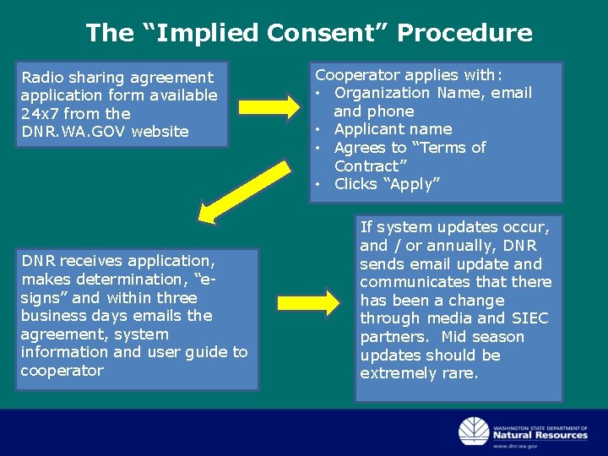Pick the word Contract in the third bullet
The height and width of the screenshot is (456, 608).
coord(366,166)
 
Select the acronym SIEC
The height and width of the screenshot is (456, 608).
coord(529,318)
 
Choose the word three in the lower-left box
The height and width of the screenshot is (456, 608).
coord(176,298)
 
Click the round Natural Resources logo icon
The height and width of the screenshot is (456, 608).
coord(473,432)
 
